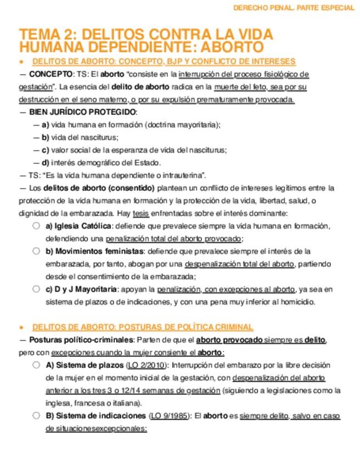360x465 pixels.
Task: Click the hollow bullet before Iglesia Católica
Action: pyautogui.click(x=36, y=225)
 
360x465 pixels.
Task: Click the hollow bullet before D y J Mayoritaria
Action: pyautogui.click(x=36, y=288)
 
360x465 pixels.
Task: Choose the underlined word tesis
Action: pyautogui.click(x=140, y=213)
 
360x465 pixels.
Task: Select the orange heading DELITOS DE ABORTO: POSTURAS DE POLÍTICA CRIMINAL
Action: pyautogui.click(x=143, y=327)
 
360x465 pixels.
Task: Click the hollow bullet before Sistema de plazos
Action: pyautogui.click(x=36, y=365)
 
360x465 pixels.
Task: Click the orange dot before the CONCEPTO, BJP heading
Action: pyautogui.click(x=21, y=61)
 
